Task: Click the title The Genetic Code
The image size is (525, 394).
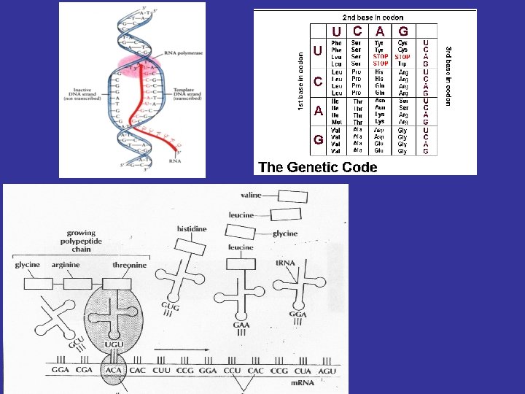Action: pos(318,167)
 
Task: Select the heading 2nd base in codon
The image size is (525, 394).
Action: pos(373,17)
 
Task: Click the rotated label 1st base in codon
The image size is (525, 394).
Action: pos(301,81)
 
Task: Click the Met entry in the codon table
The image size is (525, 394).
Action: pos(336,122)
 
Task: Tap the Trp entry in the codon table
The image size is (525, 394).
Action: pos(402,63)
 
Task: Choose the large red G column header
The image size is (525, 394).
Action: pos(403,31)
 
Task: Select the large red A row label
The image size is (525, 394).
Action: pos(318,112)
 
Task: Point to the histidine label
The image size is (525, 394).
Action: pos(192,229)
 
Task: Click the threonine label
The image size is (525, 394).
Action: pos(129,266)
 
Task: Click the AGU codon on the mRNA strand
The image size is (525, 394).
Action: pos(327,371)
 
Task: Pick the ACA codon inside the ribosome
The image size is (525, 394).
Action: pos(112,371)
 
